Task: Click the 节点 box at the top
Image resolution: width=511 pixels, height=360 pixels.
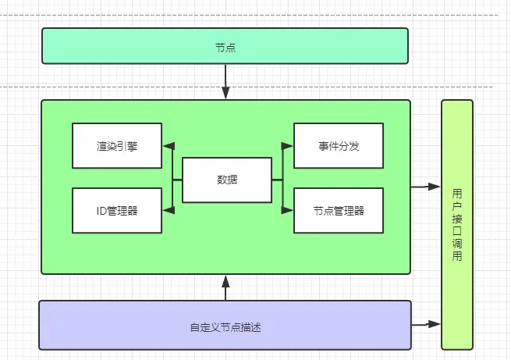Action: (225, 46)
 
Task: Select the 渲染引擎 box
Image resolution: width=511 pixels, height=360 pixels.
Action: (117, 145)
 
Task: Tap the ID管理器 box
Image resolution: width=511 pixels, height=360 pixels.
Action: (117, 210)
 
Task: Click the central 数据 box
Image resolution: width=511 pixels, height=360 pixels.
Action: (227, 180)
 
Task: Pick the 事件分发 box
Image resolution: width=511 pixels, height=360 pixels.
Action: (339, 145)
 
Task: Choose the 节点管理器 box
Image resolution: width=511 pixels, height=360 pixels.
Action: (339, 210)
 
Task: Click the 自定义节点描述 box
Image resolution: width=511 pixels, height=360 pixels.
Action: (225, 326)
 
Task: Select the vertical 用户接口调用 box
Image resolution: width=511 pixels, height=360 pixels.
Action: (457, 224)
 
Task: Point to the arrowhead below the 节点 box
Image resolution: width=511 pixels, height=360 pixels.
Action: (225, 94)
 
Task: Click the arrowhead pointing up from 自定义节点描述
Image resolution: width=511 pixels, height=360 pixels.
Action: (225, 280)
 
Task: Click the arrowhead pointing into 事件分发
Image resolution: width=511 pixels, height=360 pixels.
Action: (288, 145)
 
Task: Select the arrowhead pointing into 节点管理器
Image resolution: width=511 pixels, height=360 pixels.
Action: (288, 209)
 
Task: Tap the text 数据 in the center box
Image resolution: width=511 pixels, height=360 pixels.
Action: (227, 180)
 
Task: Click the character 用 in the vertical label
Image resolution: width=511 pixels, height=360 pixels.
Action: (457, 192)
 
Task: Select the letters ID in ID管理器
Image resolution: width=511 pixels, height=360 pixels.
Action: (102, 210)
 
